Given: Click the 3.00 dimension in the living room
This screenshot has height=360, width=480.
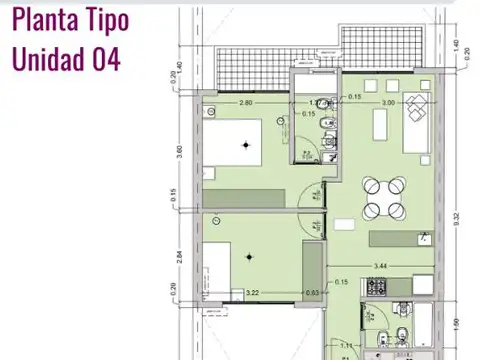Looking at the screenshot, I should [x=387, y=102].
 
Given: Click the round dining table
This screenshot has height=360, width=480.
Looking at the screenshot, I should [x=385, y=197].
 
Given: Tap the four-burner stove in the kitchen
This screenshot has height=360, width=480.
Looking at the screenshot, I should [x=379, y=288].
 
